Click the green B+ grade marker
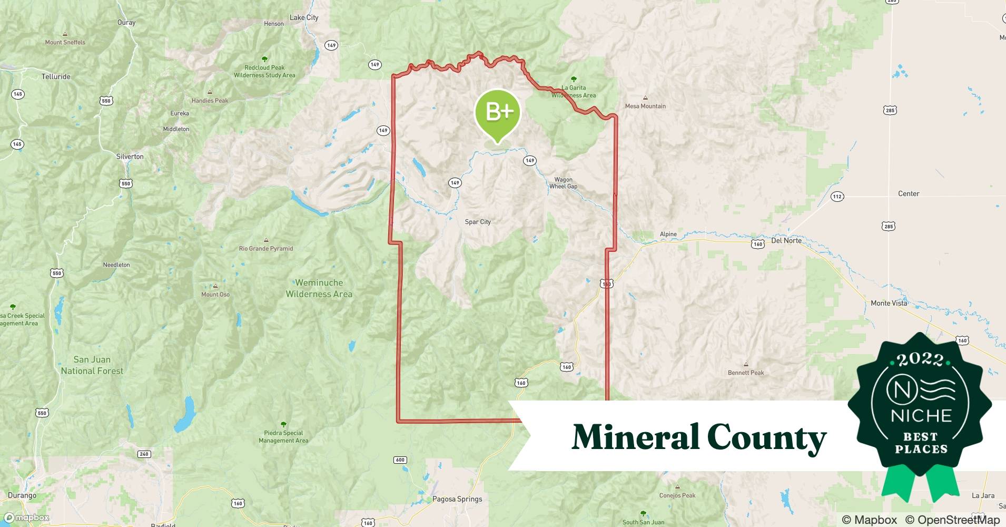[x=498, y=112]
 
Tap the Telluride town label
[x=56, y=76]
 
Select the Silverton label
[x=130, y=157]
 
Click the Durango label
[x=22, y=495]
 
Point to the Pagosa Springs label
[x=457, y=499]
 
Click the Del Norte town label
[x=786, y=240]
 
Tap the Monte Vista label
[x=889, y=303]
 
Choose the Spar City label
[x=478, y=222]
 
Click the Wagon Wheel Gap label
[x=563, y=183]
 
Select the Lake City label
[x=304, y=17]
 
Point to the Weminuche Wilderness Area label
[x=319, y=288]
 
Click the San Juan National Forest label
[x=92, y=365]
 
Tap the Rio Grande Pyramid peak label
[x=266, y=248]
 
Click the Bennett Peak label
[x=746, y=373]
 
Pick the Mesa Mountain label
[x=645, y=106]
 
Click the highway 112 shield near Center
[x=837, y=197]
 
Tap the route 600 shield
[x=400, y=460]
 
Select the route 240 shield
[x=144, y=454]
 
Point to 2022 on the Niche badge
[x=920, y=359]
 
